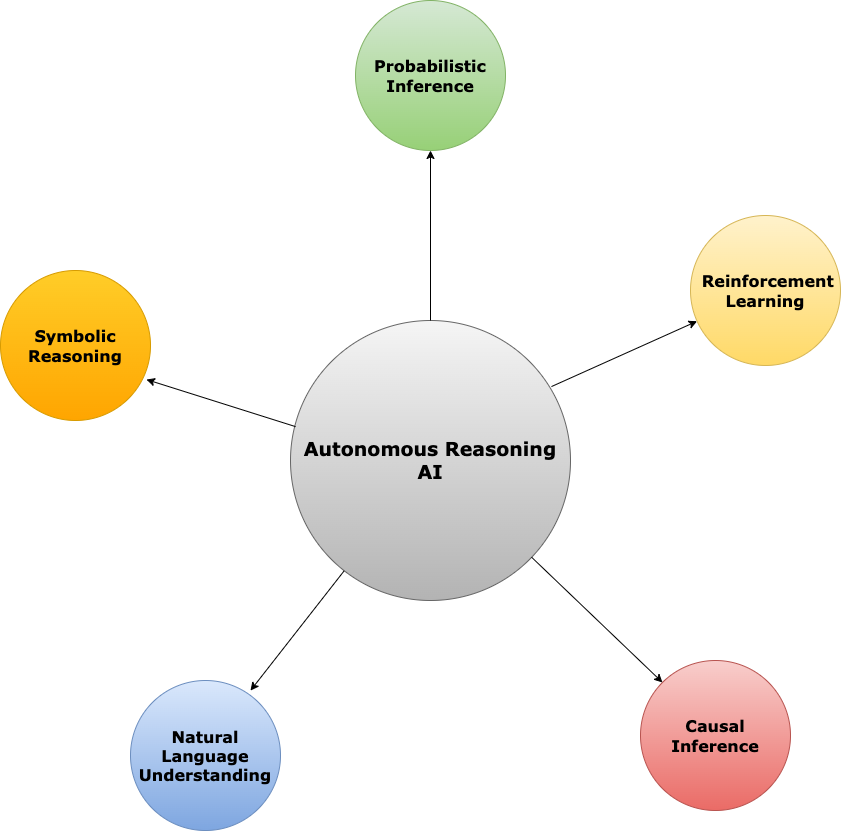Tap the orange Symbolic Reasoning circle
(75, 385)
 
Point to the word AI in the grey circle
(430, 474)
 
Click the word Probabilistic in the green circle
(430, 66)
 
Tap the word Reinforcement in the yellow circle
(767, 281)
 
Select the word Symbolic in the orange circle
(75, 336)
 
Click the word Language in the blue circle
(205, 756)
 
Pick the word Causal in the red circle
(715, 726)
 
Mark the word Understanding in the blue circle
(205, 775)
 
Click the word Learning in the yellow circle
(765, 301)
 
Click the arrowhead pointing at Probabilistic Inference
(430, 155)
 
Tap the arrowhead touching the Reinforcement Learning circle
(693, 323)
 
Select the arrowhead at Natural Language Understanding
(254, 686)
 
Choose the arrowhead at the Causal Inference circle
(659, 678)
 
